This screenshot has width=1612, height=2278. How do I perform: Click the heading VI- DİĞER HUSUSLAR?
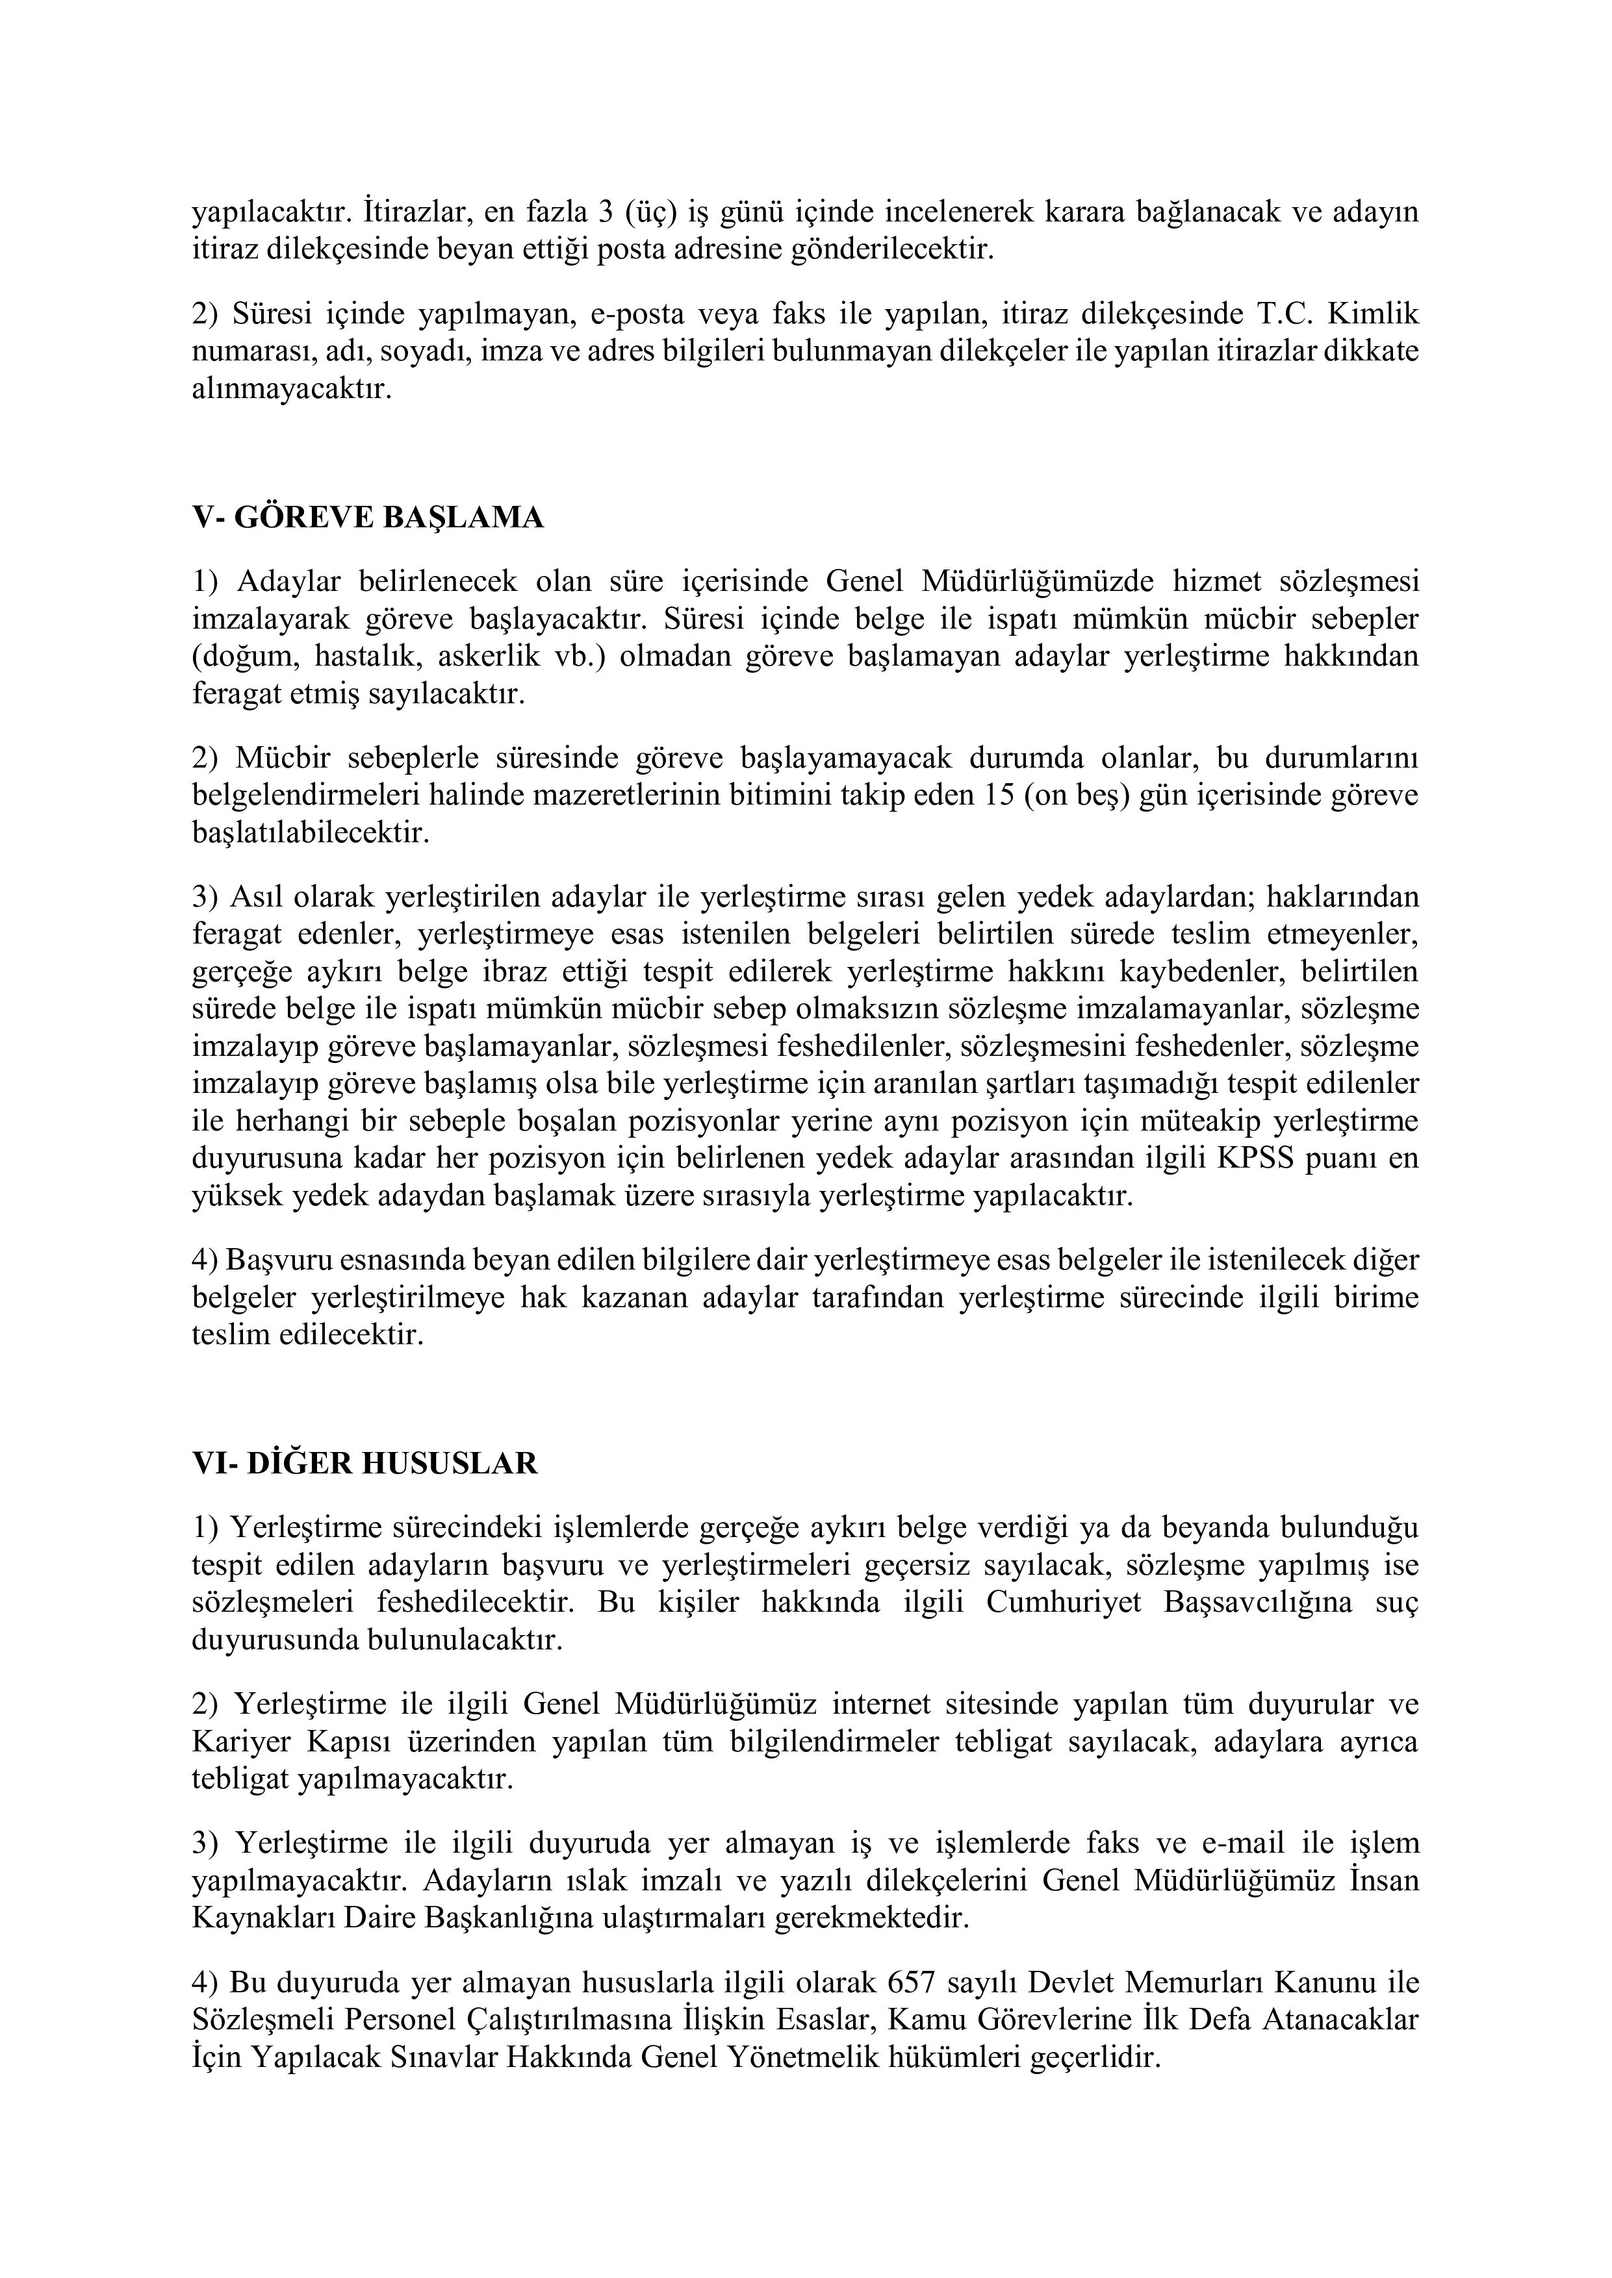tap(365, 1464)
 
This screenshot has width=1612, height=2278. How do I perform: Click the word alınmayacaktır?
tap(292, 389)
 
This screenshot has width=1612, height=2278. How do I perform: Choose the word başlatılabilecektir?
tap(311, 832)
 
